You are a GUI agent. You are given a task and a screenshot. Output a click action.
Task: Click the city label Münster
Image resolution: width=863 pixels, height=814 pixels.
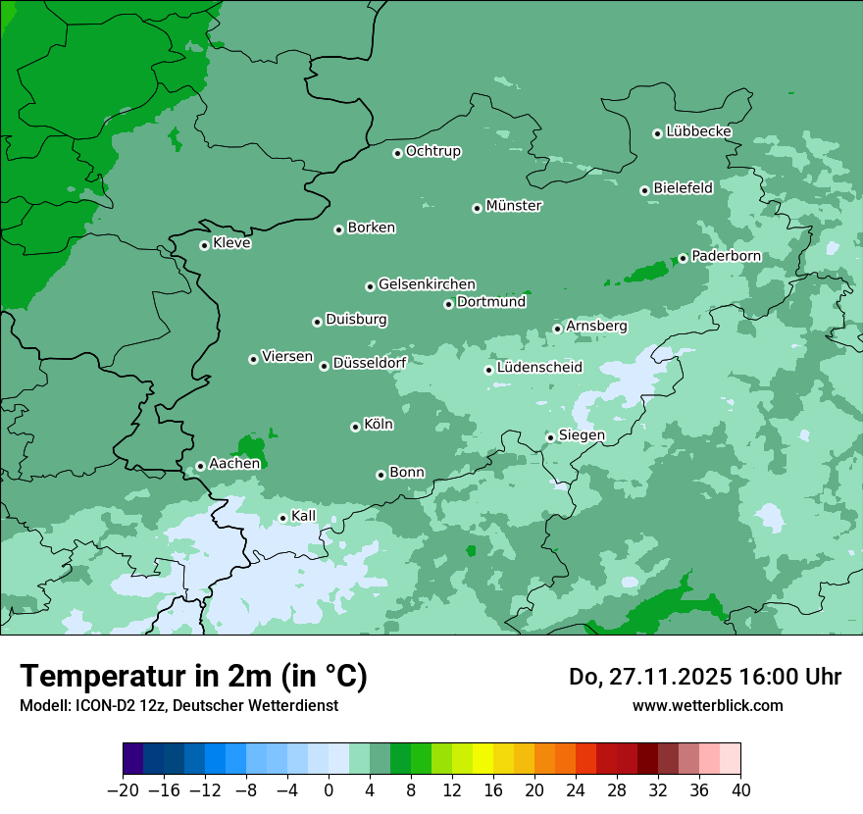[x=514, y=206]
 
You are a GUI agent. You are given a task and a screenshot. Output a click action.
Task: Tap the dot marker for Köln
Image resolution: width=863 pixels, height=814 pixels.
[x=355, y=427]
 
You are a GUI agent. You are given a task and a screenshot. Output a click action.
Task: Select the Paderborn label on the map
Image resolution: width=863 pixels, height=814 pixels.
[x=726, y=256]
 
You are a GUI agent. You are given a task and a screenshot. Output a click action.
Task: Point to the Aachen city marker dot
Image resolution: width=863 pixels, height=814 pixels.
[x=200, y=466]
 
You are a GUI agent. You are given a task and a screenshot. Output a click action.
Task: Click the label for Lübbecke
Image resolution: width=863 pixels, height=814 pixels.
[x=698, y=131]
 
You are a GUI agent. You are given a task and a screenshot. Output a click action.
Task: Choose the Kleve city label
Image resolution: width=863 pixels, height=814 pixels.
[x=231, y=243]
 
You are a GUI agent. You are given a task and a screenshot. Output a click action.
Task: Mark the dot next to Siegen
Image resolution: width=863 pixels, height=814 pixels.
[x=551, y=437]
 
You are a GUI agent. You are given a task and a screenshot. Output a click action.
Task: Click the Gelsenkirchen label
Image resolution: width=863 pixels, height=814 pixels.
[x=427, y=284]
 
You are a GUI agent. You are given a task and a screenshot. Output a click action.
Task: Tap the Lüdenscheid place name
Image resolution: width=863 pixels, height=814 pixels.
[x=539, y=368]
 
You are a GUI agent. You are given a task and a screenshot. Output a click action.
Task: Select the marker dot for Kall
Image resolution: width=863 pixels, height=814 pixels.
[x=283, y=518]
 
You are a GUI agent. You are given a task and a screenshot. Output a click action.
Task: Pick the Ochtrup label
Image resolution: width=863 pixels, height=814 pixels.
[x=432, y=151]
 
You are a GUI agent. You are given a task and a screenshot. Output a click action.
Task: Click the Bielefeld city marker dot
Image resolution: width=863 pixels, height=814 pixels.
[x=645, y=190]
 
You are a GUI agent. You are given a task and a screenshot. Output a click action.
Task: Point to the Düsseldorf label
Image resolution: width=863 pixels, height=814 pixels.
[x=370, y=363]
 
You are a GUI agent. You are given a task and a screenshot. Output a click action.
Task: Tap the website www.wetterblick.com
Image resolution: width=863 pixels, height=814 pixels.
[x=707, y=705]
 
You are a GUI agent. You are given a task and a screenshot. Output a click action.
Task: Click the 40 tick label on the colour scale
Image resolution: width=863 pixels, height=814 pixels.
[x=740, y=790]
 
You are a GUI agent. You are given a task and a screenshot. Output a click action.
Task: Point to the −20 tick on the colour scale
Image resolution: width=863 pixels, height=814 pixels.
[x=123, y=790]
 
